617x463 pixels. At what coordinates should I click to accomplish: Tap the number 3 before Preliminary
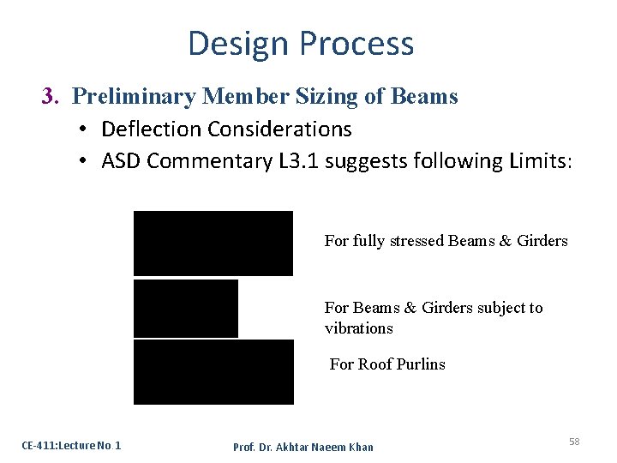48,97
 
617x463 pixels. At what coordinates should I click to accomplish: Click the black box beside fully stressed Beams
213,244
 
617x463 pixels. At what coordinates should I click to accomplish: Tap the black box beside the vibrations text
186,308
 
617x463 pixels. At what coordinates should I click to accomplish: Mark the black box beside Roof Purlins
213,371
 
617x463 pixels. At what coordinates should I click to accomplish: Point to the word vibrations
358,328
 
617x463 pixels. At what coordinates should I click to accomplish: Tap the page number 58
574,442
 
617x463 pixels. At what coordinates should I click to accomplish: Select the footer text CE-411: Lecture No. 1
71,445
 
